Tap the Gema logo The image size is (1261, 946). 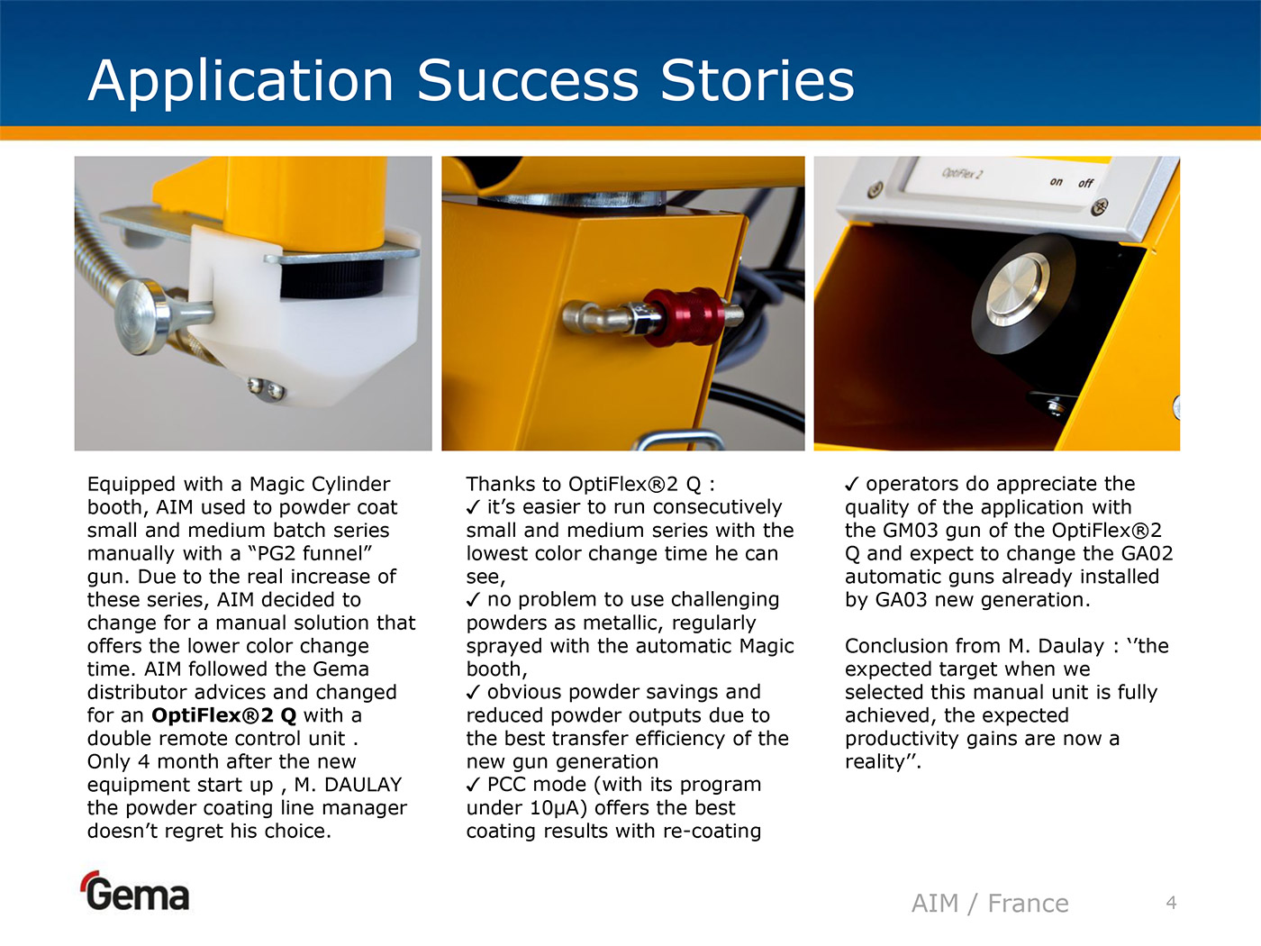click(136, 891)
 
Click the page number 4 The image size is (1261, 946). click(1172, 903)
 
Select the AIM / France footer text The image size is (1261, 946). click(990, 904)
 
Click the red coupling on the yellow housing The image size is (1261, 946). click(683, 316)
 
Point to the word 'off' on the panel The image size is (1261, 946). click(1085, 183)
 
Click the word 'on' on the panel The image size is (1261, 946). click(1056, 181)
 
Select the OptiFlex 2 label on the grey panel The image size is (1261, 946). click(962, 173)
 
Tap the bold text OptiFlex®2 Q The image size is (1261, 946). click(224, 715)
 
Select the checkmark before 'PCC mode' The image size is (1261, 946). click(473, 785)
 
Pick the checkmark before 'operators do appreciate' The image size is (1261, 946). click(851, 484)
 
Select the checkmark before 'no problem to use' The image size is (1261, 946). click(473, 600)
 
